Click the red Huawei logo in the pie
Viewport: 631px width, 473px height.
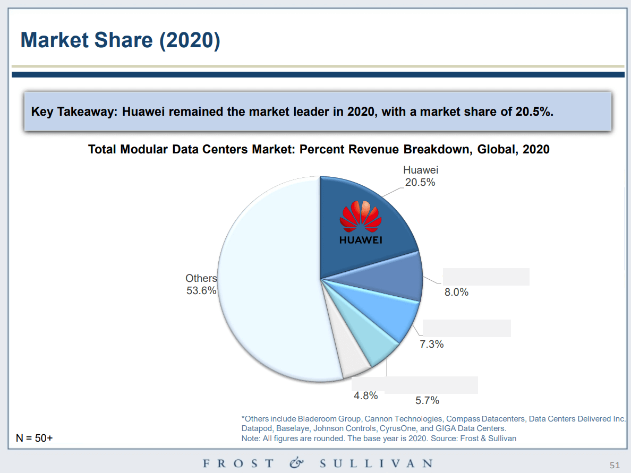(x=360, y=218)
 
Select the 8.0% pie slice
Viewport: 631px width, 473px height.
(x=393, y=273)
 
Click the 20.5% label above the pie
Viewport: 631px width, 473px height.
(x=420, y=182)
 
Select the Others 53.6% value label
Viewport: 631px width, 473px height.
(x=201, y=290)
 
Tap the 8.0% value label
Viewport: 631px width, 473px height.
(x=456, y=292)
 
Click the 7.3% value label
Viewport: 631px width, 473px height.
(x=431, y=344)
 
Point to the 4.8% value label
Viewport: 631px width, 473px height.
(x=365, y=395)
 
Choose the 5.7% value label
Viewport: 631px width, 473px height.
(x=427, y=401)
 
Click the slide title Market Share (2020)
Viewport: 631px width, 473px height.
(x=120, y=40)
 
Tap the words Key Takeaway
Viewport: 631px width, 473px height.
(x=73, y=111)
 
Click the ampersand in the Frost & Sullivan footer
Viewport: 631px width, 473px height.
(x=296, y=463)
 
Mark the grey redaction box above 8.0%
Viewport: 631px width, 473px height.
(x=486, y=277)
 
